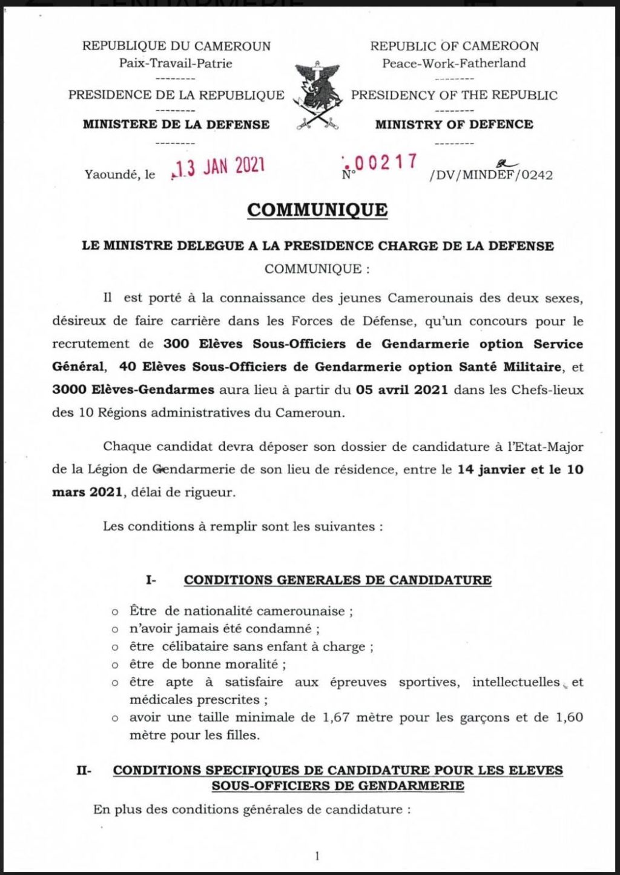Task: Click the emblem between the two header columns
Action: point(316,96)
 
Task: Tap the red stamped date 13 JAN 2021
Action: point(219,167)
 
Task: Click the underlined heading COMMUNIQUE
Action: point(317,210)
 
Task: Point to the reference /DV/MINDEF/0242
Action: point(490,175)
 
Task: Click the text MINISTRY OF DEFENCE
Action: point(454,124)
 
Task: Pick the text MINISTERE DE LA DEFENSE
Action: point(176,124)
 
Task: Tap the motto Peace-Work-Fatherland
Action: point(454,63)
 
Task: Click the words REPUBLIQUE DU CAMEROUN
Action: point(176,46)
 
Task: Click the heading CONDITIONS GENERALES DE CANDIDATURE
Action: point(337,580)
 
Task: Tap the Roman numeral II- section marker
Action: point(84,771)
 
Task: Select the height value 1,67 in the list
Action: point(336,717)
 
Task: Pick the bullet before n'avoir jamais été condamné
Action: point(115,630)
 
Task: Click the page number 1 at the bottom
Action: point(317,856)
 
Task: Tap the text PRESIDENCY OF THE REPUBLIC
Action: point(454,95)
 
